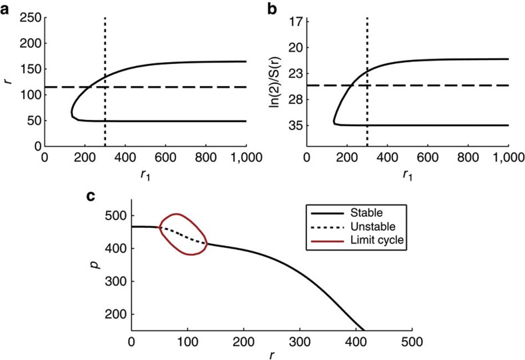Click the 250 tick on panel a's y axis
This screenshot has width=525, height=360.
pos(29,18)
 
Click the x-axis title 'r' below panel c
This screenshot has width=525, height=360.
pos(272,355)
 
